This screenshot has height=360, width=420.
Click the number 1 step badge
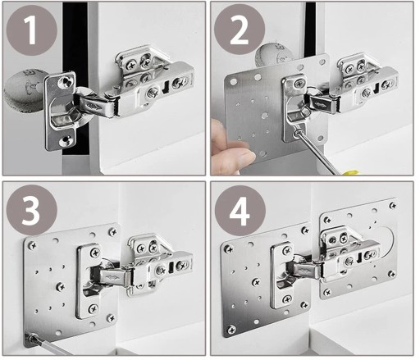click(x=31, y=30)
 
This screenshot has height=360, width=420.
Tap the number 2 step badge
click(x=239, y=30)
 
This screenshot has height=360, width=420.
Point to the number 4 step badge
click(x=240, y=211)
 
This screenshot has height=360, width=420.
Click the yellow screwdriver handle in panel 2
click(x=350, y=173)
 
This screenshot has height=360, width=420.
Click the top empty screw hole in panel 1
click(x=66, y=81)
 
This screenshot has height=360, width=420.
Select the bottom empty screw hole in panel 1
click(x=65, y=140)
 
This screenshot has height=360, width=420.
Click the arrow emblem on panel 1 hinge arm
click(x=94, y=107)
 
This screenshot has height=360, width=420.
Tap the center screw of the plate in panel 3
click(x=60, y=286)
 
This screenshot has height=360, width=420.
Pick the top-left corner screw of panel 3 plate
click(x=33, y=245)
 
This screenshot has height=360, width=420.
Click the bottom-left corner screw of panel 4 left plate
click(x=231, y=330)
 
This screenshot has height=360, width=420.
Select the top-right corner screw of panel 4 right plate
click(x=393, y=206)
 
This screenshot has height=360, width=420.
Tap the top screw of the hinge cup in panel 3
click(x=95, y=252)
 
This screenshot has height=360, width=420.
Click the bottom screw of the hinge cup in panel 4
click(x=287, y=299)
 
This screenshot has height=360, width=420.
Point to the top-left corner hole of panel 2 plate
click(x=233, y=81)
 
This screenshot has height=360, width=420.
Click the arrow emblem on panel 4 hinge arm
click(x=302, y=271)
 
